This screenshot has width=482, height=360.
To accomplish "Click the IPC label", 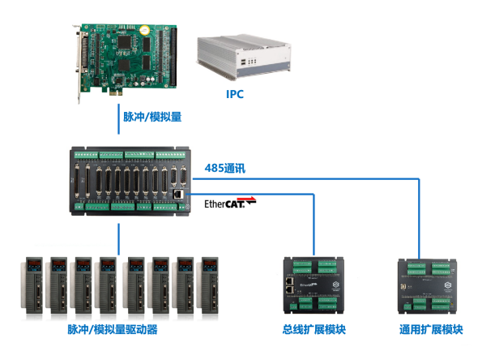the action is (235, 94).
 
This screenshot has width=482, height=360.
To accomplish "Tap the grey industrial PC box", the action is (244, 57).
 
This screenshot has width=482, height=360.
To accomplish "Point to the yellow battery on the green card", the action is (144, 30).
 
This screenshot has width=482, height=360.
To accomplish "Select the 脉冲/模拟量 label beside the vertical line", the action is (152, 117).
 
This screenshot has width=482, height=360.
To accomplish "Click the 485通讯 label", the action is (225, 169).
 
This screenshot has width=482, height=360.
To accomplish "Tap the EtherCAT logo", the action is (230, 203).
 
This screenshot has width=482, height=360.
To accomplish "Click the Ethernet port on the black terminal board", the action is (178, 194).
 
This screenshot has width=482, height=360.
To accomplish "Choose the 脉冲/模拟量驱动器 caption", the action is (113, 329).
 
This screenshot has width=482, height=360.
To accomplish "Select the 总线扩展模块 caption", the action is (314, 329).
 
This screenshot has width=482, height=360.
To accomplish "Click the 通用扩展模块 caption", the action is (431, 329).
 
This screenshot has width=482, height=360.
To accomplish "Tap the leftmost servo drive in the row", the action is (32, 285).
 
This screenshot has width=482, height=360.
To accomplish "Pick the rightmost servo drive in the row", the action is (208, 285).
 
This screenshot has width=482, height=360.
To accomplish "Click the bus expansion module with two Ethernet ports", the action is (314, 285).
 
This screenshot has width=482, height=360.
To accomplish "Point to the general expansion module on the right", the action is (427, 286).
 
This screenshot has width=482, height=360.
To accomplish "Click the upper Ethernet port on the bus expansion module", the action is (289, 281).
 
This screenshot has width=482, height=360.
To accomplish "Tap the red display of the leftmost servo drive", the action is (34, 264).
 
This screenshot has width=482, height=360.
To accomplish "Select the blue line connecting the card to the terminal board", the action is (118, 119).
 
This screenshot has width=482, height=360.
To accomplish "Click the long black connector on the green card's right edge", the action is (173, 58).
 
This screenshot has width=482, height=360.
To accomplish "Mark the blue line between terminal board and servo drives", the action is (118, 239).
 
